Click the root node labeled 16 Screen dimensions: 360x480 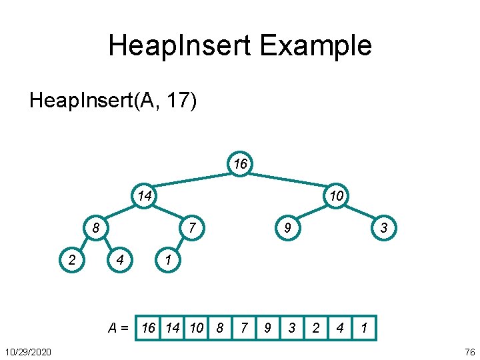(x=239, y=163)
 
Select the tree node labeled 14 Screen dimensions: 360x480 (x=144, y=196)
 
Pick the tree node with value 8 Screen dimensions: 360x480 (x=96, y=229)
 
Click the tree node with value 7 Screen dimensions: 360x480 (x=191, y=229)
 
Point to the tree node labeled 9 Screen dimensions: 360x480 (x=287, y=229)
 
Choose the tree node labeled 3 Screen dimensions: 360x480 (x=383, y=229)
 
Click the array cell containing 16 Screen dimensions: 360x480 (x=149, y=328)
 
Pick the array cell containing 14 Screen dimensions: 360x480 (x=173, y=328)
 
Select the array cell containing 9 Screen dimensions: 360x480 (x=267, y=328)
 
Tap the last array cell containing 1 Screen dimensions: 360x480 (x=364, y=328)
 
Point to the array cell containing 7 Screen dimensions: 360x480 (x=244, y=328)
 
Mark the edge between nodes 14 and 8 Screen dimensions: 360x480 (x=121, y=212)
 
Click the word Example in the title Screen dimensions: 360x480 (x=315, y=46)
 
